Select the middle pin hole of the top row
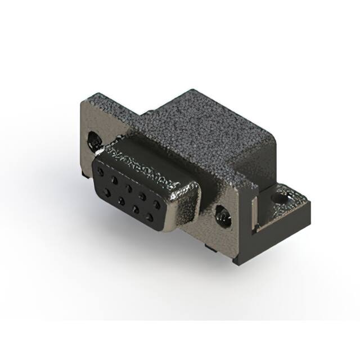(x=129, y=187)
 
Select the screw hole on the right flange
(x=223, y=215)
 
